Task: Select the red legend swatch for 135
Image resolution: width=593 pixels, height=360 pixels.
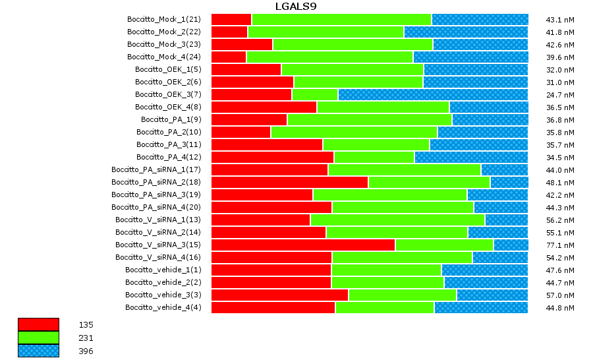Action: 38,324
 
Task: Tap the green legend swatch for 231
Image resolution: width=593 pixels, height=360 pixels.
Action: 38,338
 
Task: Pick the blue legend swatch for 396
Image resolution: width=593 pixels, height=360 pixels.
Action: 38,351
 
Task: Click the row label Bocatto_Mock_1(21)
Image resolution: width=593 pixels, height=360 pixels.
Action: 164,19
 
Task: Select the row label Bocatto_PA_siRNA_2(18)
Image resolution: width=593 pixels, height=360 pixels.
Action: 156,182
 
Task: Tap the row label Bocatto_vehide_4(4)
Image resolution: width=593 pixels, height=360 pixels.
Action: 163,307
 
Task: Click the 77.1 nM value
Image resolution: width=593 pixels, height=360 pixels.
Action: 560,245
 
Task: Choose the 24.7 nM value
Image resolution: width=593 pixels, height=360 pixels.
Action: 560,95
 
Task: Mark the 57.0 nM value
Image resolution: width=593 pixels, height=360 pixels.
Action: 560,295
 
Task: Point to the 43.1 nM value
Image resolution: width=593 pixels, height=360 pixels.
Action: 560,20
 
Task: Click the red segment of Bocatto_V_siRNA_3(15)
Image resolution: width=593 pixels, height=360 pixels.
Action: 303,245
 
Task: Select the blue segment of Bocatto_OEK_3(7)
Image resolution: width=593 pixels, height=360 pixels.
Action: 433,94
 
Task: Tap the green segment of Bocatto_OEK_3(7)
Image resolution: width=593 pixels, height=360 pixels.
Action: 314,94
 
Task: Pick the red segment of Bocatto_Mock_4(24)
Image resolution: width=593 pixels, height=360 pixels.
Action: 229,57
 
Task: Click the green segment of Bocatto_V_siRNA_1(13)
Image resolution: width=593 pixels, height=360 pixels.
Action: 397,220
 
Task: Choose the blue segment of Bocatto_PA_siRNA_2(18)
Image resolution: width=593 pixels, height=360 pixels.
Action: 509,182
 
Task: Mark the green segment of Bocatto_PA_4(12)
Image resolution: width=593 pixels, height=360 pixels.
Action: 374,157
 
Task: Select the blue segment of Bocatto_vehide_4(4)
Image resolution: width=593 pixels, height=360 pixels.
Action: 481,307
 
